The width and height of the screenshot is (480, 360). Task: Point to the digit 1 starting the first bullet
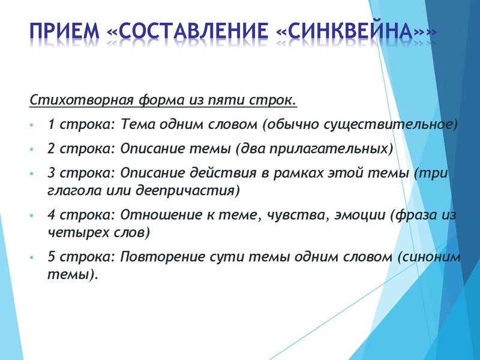tap(50, 124)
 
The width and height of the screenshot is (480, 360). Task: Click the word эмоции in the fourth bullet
tap(360, 215)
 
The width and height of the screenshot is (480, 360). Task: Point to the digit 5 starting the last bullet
tap(50, 257)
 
